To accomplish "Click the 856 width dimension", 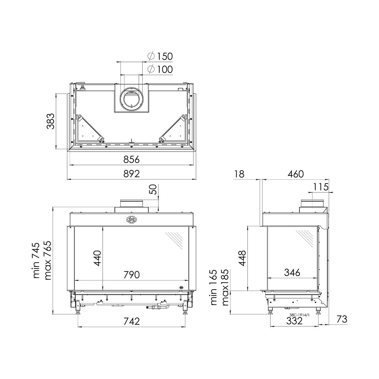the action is pos(131,160).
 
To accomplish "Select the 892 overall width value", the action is pos(131,174).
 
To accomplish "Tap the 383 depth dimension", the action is pos(50,121).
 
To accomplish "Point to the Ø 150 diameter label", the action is pos(160,56).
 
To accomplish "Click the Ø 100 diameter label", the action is pos(160,69).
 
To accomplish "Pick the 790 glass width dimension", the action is pos(131,275).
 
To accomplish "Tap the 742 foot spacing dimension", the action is pos(131,321).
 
